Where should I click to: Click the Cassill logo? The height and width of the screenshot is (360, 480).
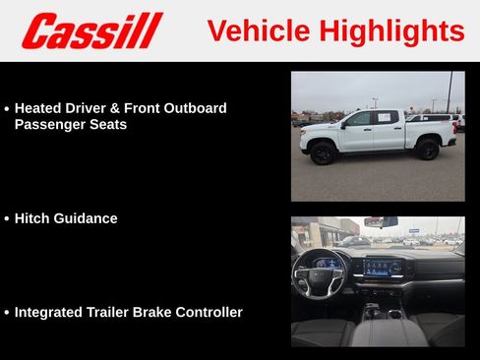point(91,30)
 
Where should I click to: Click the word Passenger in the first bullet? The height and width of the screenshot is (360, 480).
point(49,125)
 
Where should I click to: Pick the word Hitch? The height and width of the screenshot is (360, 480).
point(33,218)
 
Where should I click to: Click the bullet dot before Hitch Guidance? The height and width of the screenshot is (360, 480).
point(7,219)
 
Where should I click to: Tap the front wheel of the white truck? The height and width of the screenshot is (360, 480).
point(324,152)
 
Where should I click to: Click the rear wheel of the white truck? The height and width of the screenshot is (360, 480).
point(428,150)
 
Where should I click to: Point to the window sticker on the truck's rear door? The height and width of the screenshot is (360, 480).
point(386,118)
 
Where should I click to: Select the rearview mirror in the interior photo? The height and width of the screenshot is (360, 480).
point(380,223)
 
